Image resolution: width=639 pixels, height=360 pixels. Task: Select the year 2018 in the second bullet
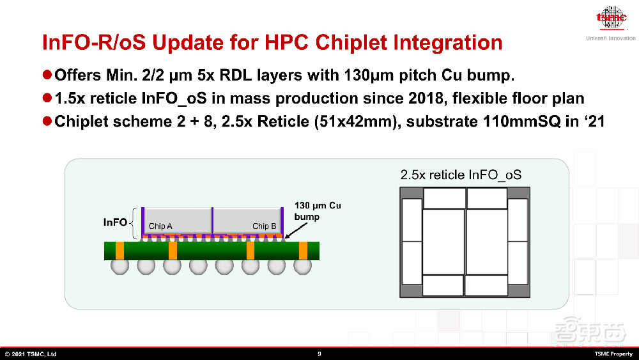coord(426,98)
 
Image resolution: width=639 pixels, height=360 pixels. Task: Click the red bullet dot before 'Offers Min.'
coord(47,75)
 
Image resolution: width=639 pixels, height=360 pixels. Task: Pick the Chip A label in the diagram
coord(160,226)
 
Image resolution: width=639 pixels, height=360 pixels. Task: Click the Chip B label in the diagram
coord(264,226)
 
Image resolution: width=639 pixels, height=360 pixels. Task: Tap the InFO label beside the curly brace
coord(115,222)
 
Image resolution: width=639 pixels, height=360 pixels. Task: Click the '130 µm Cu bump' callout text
coord(318,211)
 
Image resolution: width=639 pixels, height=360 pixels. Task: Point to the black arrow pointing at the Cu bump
coord(296,230)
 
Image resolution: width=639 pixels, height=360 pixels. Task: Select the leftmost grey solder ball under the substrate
coord(120,266)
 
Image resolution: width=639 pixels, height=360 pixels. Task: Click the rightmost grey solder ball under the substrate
coord(302,266)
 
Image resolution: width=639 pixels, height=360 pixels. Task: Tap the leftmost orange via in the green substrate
coord(120,251)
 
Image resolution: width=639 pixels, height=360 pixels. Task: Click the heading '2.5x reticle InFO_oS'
coord(461,175)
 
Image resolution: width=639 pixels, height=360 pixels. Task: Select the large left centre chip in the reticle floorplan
coord(443,242)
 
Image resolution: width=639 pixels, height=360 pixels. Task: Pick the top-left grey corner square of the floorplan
coord(412,193)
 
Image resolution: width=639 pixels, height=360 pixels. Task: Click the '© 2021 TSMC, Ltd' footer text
coord(31,354)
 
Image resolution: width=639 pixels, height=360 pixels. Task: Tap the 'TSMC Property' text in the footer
coord(613,354)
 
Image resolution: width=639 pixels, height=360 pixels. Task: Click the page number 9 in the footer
coord(319,354)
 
